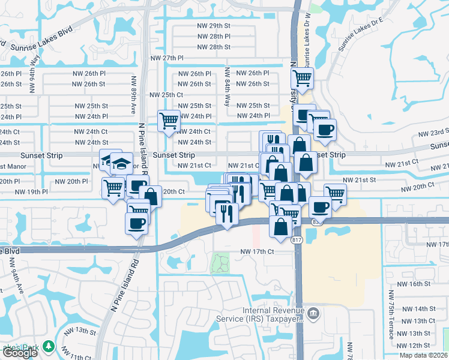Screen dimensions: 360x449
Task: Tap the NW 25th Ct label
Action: pos(166,95)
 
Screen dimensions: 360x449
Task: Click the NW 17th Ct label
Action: pos(257,252)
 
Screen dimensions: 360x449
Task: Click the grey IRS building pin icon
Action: pos(312,313)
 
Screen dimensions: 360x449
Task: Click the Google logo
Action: pos(20,353)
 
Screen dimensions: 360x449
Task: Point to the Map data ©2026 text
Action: pos(423,355)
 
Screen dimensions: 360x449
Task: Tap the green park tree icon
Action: pos(48,347)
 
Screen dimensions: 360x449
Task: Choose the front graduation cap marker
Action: pos(121,163)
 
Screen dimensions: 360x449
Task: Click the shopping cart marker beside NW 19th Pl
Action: pos(113,188)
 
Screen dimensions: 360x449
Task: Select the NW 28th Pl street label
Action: pos(213,37)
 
